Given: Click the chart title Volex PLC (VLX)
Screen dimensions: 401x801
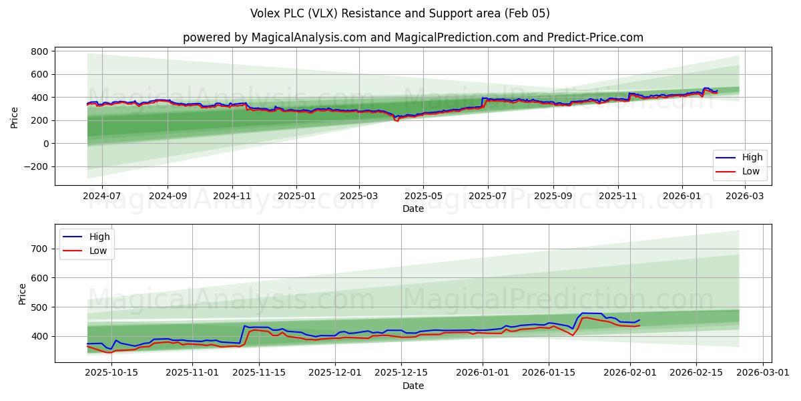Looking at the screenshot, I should tap(400, 13).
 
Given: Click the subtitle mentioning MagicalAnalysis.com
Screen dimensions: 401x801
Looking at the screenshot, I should tap(413, 37).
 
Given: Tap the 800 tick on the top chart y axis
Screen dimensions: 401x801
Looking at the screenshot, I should tap(39, 51).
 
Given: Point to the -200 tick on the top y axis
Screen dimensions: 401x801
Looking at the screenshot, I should tap(36, 166).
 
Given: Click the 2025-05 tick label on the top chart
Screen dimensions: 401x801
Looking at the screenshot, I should tap(423, 196).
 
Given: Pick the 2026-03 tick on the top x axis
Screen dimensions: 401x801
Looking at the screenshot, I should tap(745, 196).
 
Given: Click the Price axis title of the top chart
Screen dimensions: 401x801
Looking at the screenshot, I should tap(15, 116).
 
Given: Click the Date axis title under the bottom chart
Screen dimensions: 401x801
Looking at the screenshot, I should tap(413, 386).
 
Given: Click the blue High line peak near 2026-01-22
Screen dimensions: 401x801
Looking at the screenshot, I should tap(583, 313).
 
